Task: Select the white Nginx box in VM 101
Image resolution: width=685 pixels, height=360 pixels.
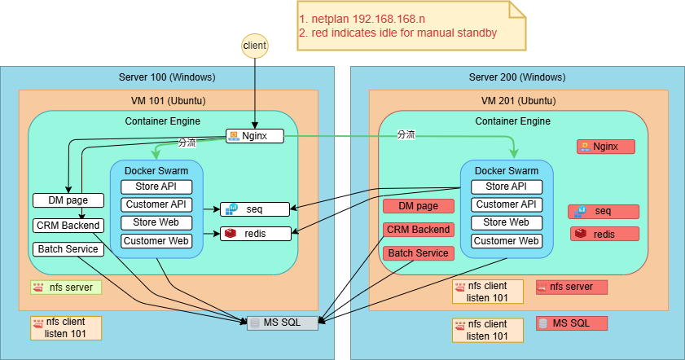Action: (255, 136)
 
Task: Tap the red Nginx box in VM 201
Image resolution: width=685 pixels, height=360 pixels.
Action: (605, 147)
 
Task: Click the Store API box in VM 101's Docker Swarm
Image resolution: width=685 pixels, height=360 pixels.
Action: (157, 187)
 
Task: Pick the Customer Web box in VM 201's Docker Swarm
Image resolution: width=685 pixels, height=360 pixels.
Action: (506, 240)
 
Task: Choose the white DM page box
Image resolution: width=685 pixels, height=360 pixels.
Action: (68, 200)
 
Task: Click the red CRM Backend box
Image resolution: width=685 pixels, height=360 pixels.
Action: (417, 230)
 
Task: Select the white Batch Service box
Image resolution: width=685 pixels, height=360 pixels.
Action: (68, 249)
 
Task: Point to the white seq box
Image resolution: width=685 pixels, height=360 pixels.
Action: (255, 209)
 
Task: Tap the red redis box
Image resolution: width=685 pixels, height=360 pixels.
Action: (604, 234)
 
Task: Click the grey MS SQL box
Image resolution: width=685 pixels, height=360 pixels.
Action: (281, 323)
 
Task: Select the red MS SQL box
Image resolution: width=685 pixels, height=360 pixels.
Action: (573, 323)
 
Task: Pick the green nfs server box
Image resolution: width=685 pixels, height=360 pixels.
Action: (66, 287)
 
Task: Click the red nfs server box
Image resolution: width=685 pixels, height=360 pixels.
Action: (573, 287)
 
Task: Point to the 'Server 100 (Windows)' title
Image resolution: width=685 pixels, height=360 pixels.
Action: (167, 77)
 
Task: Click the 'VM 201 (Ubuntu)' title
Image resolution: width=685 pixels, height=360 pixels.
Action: (516, 100)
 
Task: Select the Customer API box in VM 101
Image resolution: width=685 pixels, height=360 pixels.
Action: (157, 204)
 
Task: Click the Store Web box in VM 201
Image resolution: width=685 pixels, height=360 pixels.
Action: (506, 222)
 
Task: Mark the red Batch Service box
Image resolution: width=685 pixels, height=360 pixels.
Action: (417, 253)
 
